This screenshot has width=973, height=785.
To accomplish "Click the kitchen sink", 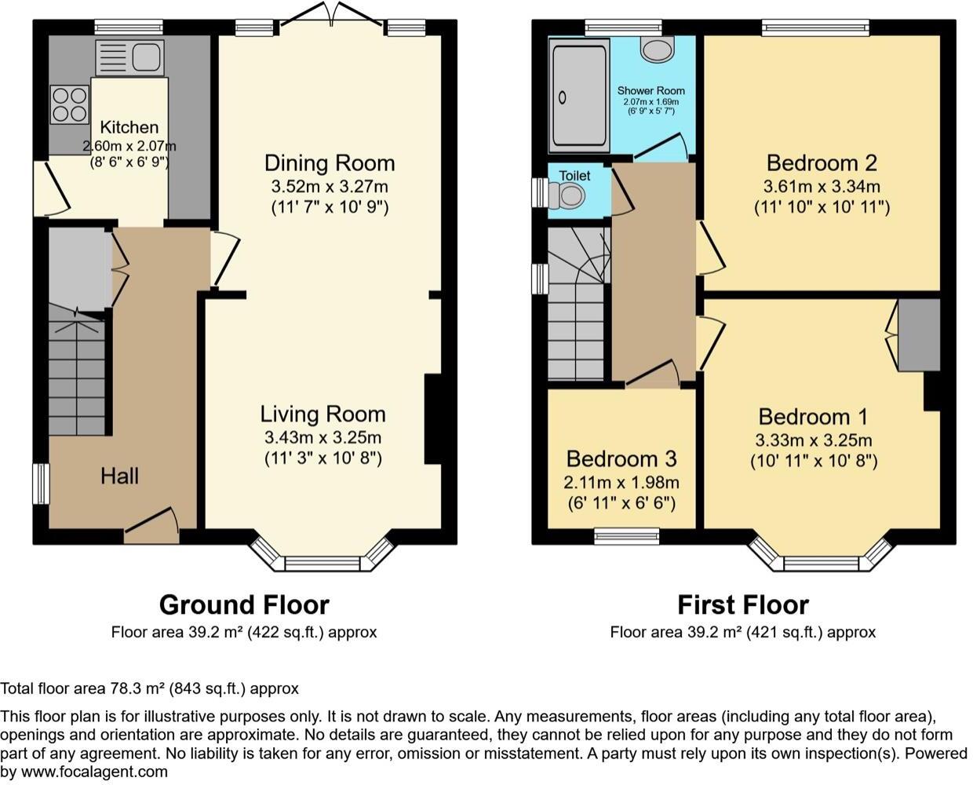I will pos(129,57).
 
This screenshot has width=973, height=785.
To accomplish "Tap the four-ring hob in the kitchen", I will pos(69,104).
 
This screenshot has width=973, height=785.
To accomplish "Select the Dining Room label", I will pos(329,163).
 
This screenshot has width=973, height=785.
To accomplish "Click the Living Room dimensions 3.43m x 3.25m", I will pos(323,437).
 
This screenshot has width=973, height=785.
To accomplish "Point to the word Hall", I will pos(119,476).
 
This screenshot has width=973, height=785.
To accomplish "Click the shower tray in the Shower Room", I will pos(580,96).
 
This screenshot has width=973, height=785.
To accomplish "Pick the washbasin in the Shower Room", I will pos(657,49).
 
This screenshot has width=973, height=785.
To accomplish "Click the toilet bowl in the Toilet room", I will pos(571,194).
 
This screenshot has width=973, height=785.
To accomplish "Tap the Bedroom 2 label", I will pos(821,163).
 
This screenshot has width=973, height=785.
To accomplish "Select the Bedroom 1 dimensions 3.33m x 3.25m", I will pos(814,440).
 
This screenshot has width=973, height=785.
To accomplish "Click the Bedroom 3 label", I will pos(621,458).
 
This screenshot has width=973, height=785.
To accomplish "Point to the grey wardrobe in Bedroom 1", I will pos(919,334).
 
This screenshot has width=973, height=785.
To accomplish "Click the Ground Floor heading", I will pos(244,604).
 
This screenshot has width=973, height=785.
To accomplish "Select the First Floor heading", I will pos(742,604).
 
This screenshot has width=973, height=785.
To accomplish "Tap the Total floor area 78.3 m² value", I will pos(149,688).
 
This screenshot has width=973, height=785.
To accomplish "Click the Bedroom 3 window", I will pos(626,536).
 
